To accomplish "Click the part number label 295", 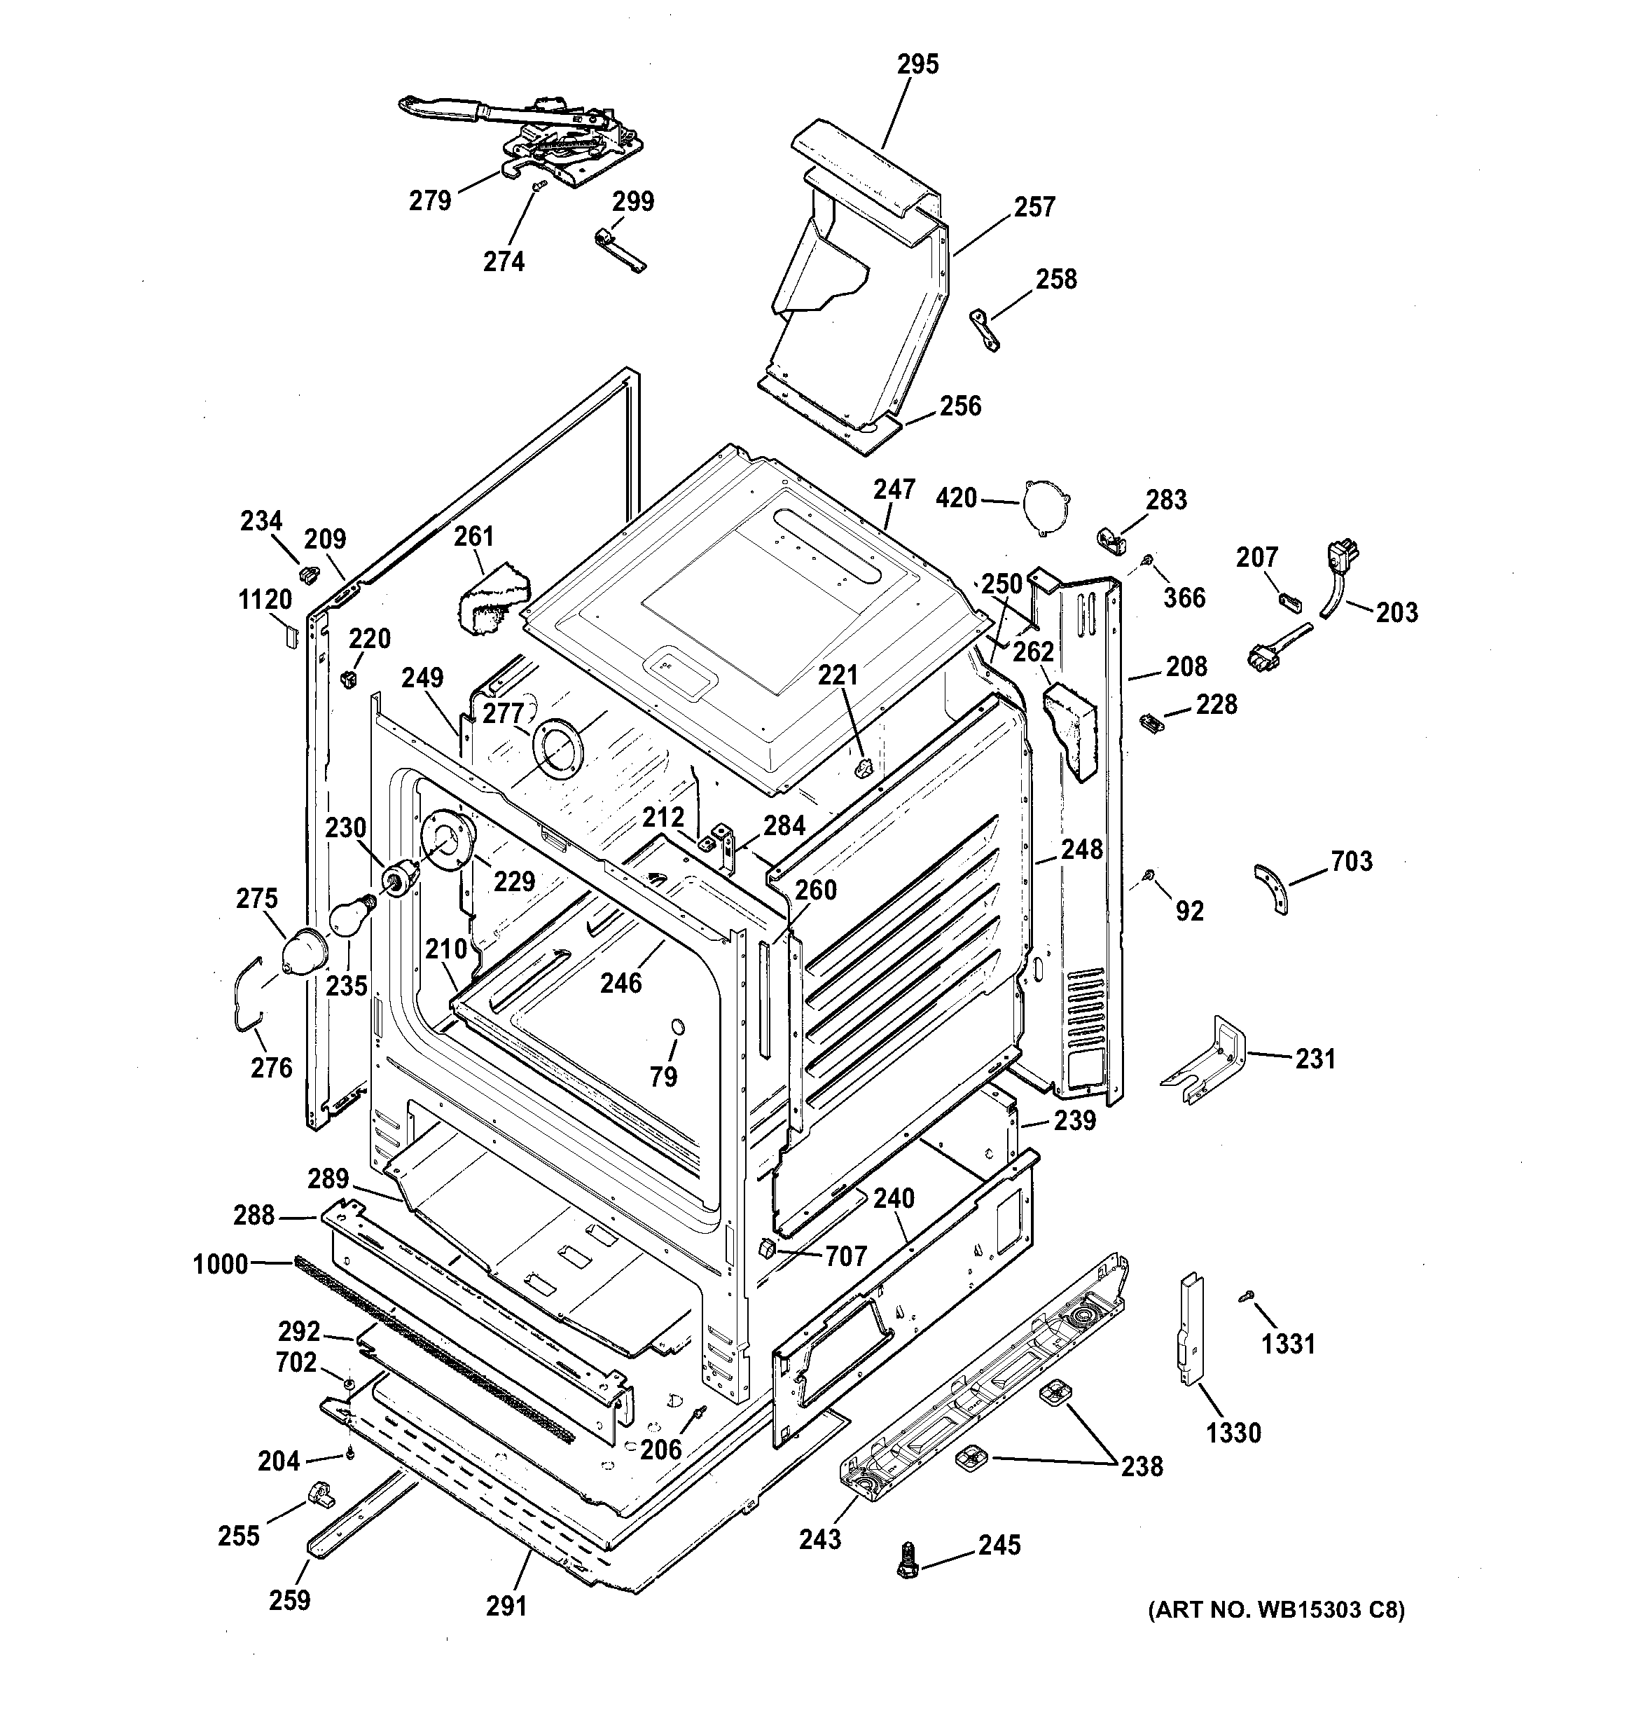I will click(x=917, y=64).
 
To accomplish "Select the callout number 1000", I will click(x=221, y=1264).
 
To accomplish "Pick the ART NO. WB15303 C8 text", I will click(x=1275, y=1610).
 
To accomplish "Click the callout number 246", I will click(x=621, y=983).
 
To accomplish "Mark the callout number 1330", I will click(x=1234, y=1432).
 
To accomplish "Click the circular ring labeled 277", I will click(x=558, y=751).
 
